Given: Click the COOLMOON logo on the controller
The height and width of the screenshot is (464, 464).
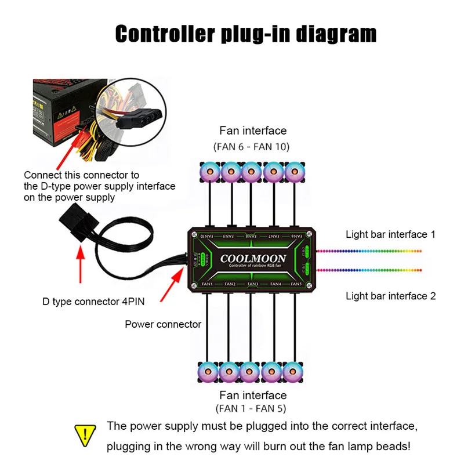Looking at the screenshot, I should click(x=252, y=259).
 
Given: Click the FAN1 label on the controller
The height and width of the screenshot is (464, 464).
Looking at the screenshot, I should click(x=207, y=284).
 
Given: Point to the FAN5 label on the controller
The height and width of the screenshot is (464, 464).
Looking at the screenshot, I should click(x=295, y=284).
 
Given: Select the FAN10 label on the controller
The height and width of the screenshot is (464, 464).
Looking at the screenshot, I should click(x=207, y=236).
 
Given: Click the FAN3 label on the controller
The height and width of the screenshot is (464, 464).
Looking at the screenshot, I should click(x=252, y=284).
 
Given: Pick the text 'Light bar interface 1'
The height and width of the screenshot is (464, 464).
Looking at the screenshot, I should click(x=390, y=235).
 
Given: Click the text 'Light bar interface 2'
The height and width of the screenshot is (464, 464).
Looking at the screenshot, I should click(x=390, y=296).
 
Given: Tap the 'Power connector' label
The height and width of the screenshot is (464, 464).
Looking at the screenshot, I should click(x=163, y=324).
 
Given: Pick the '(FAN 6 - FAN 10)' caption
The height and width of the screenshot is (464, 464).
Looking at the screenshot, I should click(x=253, y=146).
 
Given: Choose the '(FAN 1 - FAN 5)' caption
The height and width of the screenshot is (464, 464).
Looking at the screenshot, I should click(x=252, y=408).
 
